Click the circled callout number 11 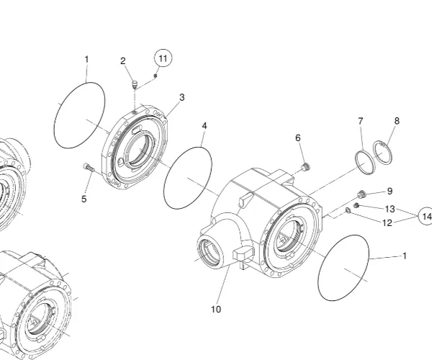click(162, 58)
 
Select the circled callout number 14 click(426, 216)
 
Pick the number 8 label click(397, 121)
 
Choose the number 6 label click(297, 138)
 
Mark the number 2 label click(123, 60)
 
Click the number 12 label click(387, 223)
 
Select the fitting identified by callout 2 click(134, 86)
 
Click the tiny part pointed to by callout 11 click(155, 74)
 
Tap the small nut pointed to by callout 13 click(356, 206)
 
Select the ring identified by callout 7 click(364, 161)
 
